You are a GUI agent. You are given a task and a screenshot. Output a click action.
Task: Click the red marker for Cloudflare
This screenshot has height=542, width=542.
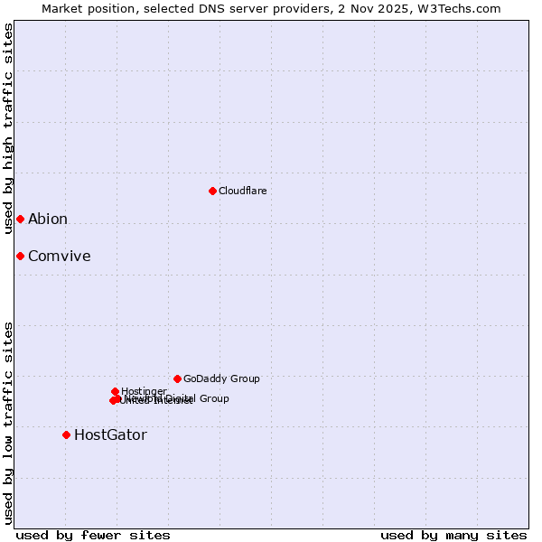click(212, 191)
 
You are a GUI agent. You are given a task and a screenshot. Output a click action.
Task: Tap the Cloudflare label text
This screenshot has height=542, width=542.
click(242, 191)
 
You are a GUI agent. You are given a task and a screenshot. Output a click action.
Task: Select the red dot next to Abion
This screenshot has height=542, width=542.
click(20, 219)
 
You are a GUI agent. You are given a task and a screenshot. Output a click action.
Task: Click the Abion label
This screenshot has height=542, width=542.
click(48, 219)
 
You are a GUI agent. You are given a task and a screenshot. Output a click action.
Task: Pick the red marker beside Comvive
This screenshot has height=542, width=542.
click(20, 256)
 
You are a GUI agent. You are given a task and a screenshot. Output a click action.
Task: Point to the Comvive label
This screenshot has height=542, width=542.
click(60, 256)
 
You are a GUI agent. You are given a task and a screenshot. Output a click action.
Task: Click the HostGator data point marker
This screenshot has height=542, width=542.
click(66, 435)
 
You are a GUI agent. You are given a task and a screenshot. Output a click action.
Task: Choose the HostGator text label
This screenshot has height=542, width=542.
click(110, 435)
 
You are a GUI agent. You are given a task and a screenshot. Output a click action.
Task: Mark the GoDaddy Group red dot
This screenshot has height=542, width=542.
click(177, 378)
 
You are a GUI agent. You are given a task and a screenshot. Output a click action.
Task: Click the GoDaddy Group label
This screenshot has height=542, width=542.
click(221, 378)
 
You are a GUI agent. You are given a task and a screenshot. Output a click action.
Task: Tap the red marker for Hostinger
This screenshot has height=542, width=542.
click(115, 391)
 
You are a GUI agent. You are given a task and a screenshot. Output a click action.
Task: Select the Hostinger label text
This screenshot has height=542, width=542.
click(144, 391)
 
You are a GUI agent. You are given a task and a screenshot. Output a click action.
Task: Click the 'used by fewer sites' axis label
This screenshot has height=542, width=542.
click(93, 535)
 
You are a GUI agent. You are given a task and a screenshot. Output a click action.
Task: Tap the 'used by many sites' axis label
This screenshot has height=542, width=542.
click(453, 535)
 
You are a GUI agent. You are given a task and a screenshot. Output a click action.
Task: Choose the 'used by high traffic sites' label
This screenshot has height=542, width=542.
click(8, 128)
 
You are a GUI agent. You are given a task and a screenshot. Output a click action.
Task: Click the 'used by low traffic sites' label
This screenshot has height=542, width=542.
click(8, 422)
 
